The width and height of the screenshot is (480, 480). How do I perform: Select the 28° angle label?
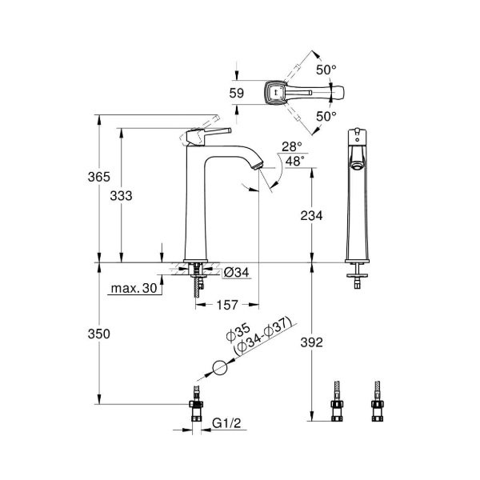click(291, 147)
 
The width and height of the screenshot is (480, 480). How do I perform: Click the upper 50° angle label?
click(324, 70)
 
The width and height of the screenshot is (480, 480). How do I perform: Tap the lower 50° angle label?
click(324, 115)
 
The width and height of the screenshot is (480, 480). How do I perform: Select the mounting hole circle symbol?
click(219, 369)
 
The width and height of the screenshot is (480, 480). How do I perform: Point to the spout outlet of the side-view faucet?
click(256, 166)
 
